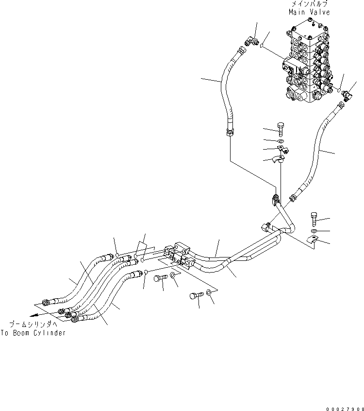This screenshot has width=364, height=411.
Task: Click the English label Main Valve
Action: pos(309,12)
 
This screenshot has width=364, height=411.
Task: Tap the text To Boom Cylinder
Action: pos(33,333)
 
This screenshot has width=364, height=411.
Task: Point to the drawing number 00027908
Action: pos(345,409)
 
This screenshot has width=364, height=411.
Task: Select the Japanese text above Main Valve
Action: pos(309,4)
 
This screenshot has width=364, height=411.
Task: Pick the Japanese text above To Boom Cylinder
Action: pos(33,325)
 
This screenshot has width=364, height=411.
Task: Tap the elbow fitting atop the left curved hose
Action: pos(251,41)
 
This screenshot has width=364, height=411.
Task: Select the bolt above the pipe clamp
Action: pos(281,129)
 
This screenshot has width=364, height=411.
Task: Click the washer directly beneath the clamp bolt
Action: pos(281,141)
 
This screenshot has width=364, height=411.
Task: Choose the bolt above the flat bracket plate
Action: pos(314,219)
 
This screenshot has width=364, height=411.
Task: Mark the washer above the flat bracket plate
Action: pos(314,231)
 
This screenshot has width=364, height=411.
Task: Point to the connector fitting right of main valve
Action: pos(348,95)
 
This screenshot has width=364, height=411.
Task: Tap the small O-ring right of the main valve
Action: pos(339,90)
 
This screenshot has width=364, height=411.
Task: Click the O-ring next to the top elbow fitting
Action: pos(261,46)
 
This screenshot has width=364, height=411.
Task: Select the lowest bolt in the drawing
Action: pos(197,296)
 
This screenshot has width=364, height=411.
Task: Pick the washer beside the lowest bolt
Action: pos(209,292)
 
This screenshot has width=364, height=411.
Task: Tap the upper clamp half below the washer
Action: pos(282,149)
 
